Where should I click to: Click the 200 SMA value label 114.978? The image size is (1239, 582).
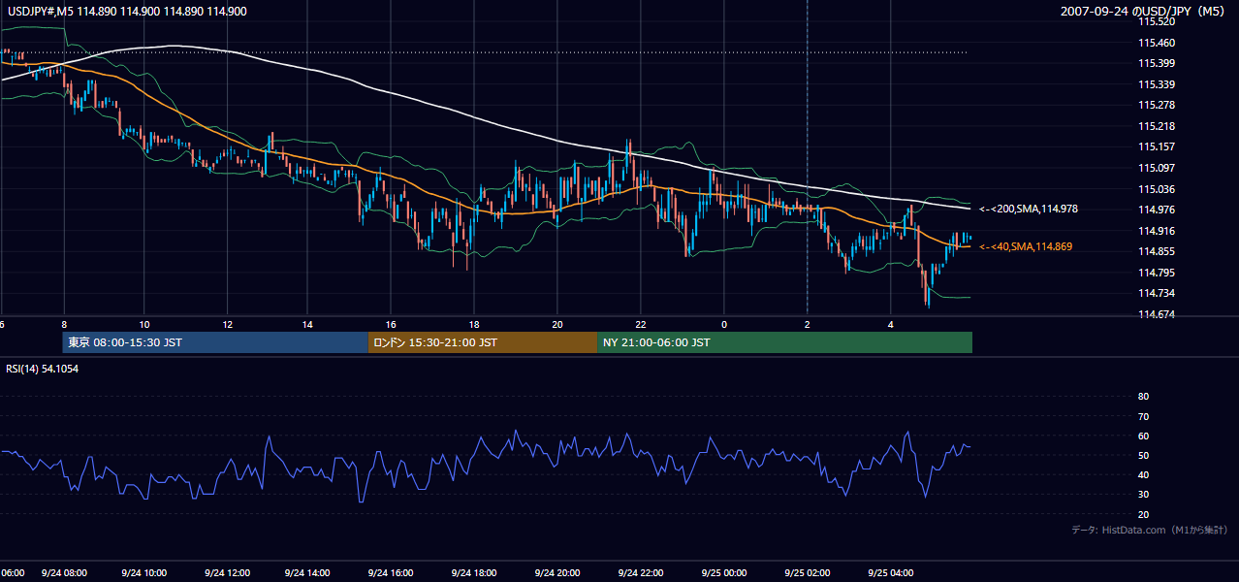[1029, 209]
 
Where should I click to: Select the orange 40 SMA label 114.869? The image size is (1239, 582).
[1026, 246]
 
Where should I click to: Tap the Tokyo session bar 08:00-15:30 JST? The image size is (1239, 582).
[215, 342]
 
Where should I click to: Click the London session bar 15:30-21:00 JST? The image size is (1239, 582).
[483, 342]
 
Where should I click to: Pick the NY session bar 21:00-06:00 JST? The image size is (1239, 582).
[785, 342]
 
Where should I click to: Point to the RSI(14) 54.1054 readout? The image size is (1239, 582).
[42, 369]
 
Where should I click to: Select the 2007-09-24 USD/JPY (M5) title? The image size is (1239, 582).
[1142, 12]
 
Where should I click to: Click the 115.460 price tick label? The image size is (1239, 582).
[1157, 43]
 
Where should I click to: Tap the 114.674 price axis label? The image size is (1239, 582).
[1157, 314]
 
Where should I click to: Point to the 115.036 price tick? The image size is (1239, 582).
[1157, 189]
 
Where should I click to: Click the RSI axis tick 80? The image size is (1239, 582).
[1143, 396]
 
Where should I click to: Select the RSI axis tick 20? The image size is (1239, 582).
[1143, 514]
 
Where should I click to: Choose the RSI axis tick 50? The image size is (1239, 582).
[1143, 455]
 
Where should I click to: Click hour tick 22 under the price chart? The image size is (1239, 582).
[641, 325]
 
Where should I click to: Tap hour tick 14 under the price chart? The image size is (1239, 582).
[307, 325]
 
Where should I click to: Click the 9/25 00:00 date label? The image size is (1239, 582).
[724, 573]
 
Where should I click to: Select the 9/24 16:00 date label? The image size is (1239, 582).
[391, 573]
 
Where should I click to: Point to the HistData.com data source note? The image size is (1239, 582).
[1150, 530]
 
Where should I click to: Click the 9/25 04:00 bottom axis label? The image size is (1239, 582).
[891, 573]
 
